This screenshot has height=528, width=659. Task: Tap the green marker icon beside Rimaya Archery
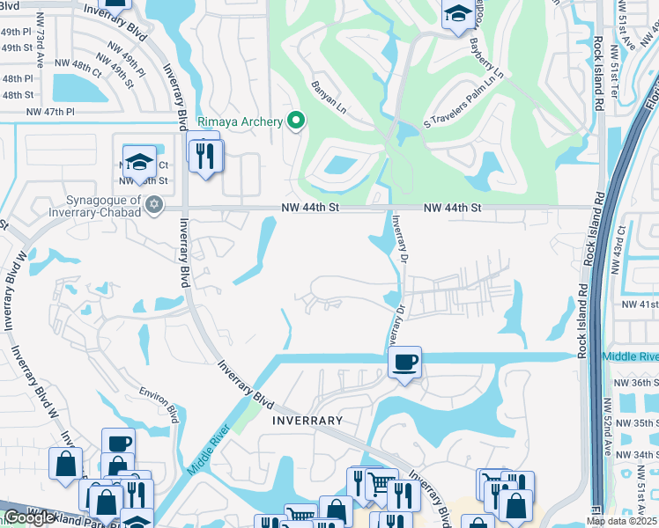[x=296, y=121]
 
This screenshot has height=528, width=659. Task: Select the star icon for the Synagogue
[x=154, y=205]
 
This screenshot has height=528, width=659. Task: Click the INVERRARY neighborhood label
[x=307, y=421]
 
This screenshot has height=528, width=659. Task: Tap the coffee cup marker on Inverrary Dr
[x=404, y=362]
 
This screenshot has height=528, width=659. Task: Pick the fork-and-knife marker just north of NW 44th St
[x=207, y=156]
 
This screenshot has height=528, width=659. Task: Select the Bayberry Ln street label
[x=485, y=59]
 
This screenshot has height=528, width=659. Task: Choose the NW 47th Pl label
[x=51, y=112]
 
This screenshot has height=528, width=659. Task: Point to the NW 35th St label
[x=638, y=423]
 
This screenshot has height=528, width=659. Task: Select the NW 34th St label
[x=638, y=454]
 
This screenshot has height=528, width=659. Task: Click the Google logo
[x=29, y=517]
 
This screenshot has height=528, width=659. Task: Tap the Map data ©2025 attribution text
[x=620, y=521]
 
